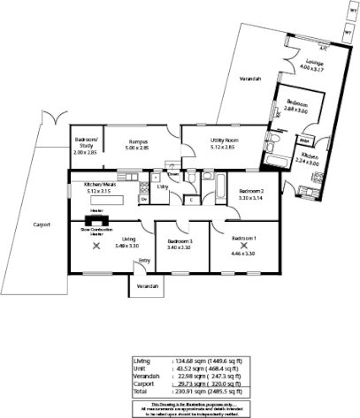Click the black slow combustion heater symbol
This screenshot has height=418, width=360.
click(93, 221)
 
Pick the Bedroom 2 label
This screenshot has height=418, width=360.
click(252, 190)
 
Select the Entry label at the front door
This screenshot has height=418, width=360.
click(144, 261)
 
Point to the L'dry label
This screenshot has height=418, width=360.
click(162, 186)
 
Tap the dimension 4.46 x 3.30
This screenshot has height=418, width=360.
click(243, 254)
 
